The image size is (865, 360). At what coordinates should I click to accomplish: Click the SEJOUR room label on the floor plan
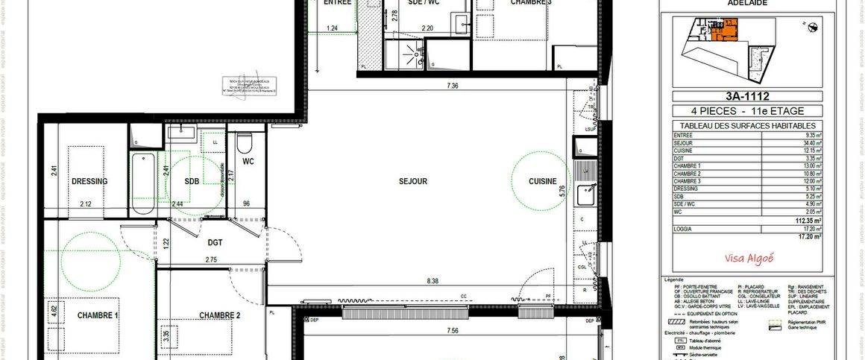(x=412, y=181)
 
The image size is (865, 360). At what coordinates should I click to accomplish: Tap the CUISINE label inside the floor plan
(x=542, y=181)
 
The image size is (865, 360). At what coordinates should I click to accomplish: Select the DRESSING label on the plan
(x=89, y=181)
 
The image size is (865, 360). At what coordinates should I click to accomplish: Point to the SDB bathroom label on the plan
(x=192, y=181)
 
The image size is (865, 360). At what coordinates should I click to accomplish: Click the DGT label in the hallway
(x=215, y=242)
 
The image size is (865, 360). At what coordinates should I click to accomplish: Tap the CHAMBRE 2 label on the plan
(x=219, y=315)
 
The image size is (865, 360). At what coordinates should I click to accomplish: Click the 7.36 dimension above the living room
(x=452, y=86)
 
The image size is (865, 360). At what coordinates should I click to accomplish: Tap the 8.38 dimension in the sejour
(x=432, y=281)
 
